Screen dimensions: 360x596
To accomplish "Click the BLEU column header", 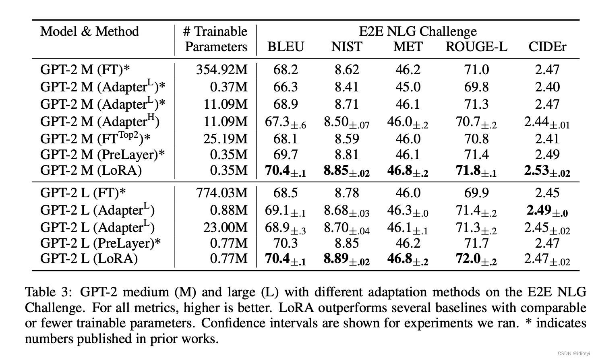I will click(x=286, y=47).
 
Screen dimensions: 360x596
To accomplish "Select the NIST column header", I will click(x=346, y=47).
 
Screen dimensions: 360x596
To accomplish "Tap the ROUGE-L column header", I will click(x=476, y=47).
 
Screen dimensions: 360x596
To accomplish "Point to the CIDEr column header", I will click(x=547, y=47).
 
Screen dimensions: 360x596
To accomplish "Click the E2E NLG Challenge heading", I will click(x=418, y=31).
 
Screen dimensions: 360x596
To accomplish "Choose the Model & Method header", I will click(x=89, y=31).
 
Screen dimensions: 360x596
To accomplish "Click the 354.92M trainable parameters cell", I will click(x=221, y=70).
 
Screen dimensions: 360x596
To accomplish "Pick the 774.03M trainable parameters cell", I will click(x=221, y=193).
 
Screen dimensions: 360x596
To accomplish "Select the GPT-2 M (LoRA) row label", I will click(x=91, y=170).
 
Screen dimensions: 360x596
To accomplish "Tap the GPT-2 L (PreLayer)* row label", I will click(x=100, y=243).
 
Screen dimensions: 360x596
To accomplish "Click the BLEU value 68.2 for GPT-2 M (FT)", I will click(x=286, y=70).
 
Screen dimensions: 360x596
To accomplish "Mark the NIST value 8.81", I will click(x=346, y=155).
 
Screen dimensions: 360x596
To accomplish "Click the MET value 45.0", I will click(x=408, y=87).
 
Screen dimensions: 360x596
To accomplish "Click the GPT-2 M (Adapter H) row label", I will click(x=99, y=121).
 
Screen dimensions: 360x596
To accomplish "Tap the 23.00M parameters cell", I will click(x=225, y=228).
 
